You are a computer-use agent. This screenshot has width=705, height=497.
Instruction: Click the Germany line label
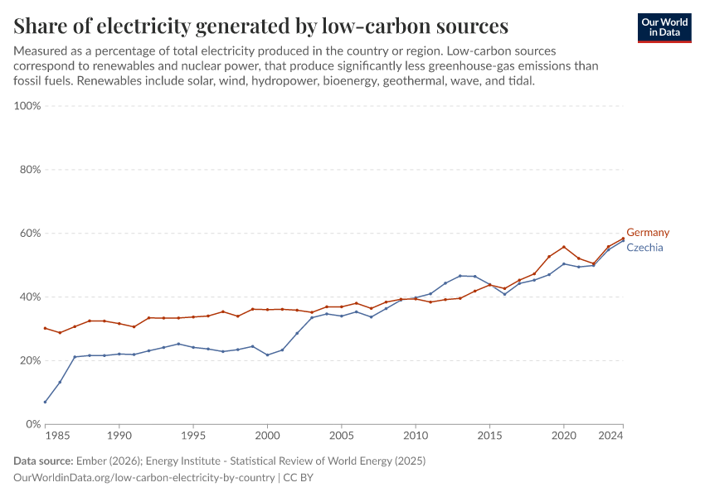(647, 233)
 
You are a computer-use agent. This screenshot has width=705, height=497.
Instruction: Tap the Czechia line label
(644, 248)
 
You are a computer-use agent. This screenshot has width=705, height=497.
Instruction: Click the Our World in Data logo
(664, 27)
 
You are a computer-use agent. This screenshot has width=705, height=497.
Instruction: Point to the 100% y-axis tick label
(27, 106)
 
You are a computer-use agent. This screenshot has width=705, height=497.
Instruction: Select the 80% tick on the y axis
(30, 170)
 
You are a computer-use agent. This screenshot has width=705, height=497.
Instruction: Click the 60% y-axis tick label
(30, 234)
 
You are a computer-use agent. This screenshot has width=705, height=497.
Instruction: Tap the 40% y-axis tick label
(30, 297)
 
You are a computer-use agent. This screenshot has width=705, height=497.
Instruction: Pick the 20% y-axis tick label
(30, 360)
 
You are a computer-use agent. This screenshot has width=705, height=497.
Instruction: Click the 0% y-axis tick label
(33, 424)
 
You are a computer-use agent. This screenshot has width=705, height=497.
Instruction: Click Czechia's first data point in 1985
(46, 402)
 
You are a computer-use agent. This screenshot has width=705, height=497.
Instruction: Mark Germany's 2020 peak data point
(564, 247)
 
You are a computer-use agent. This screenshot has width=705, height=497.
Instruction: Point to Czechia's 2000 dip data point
(267, 355)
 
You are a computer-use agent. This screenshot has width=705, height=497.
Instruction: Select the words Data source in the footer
(42, 461)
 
